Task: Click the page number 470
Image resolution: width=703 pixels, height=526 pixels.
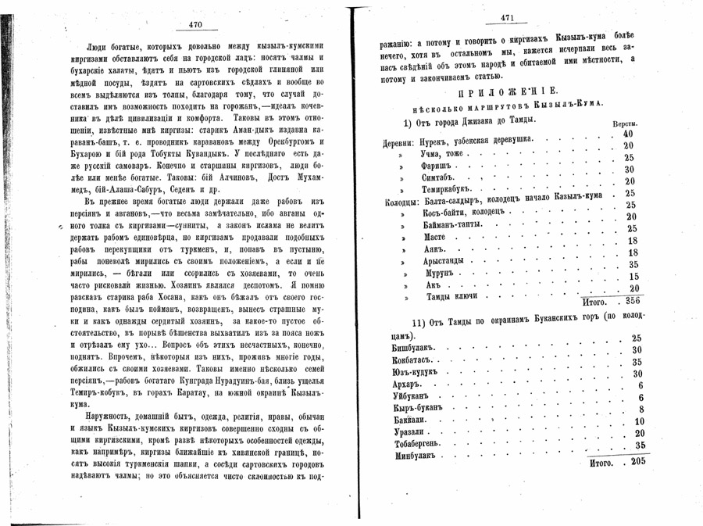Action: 195,25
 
